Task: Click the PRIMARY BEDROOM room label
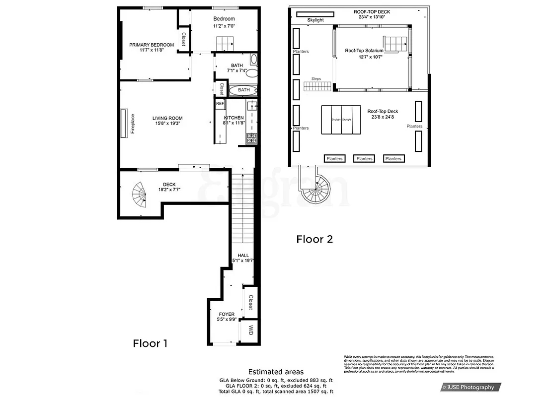(x=152, y=45)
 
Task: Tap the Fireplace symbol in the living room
(x=124, y=121)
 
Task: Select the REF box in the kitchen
(x=220, y=104)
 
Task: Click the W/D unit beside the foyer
(x=250, y=331)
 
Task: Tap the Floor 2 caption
(x=314, y=239)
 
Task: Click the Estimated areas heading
(x=276, y=372)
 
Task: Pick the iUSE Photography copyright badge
(x=470, y=387)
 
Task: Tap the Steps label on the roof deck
(x=316, y=78)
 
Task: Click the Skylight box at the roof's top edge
(x=315, y=20)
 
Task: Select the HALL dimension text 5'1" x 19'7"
(x=243, y=261)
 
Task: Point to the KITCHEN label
(x=234, y=118)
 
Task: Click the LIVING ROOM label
(x=167, y=118)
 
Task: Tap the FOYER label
(x=227, y=314)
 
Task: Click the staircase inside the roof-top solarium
(x=394, y=44)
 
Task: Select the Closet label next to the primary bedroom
(x=183, y=39)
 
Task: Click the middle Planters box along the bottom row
(x=364, y=159)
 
